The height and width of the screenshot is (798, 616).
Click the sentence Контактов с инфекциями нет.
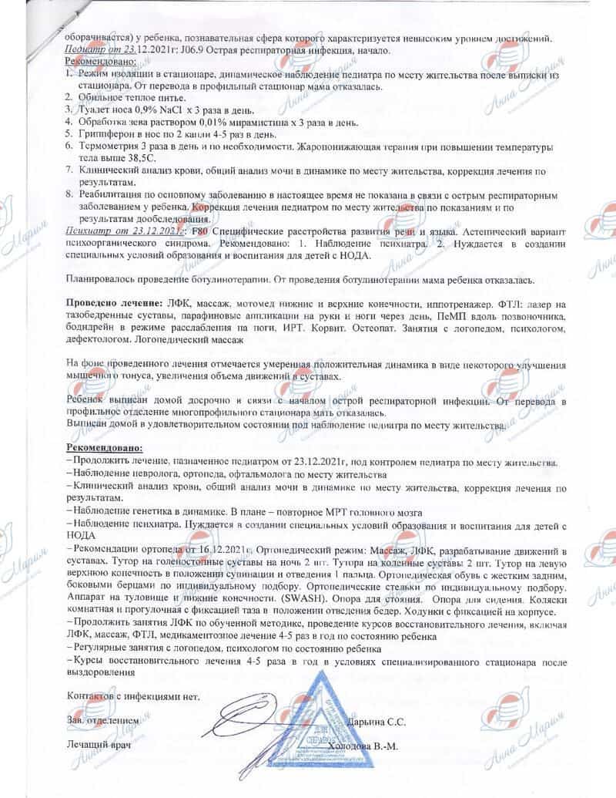pos(132,695)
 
